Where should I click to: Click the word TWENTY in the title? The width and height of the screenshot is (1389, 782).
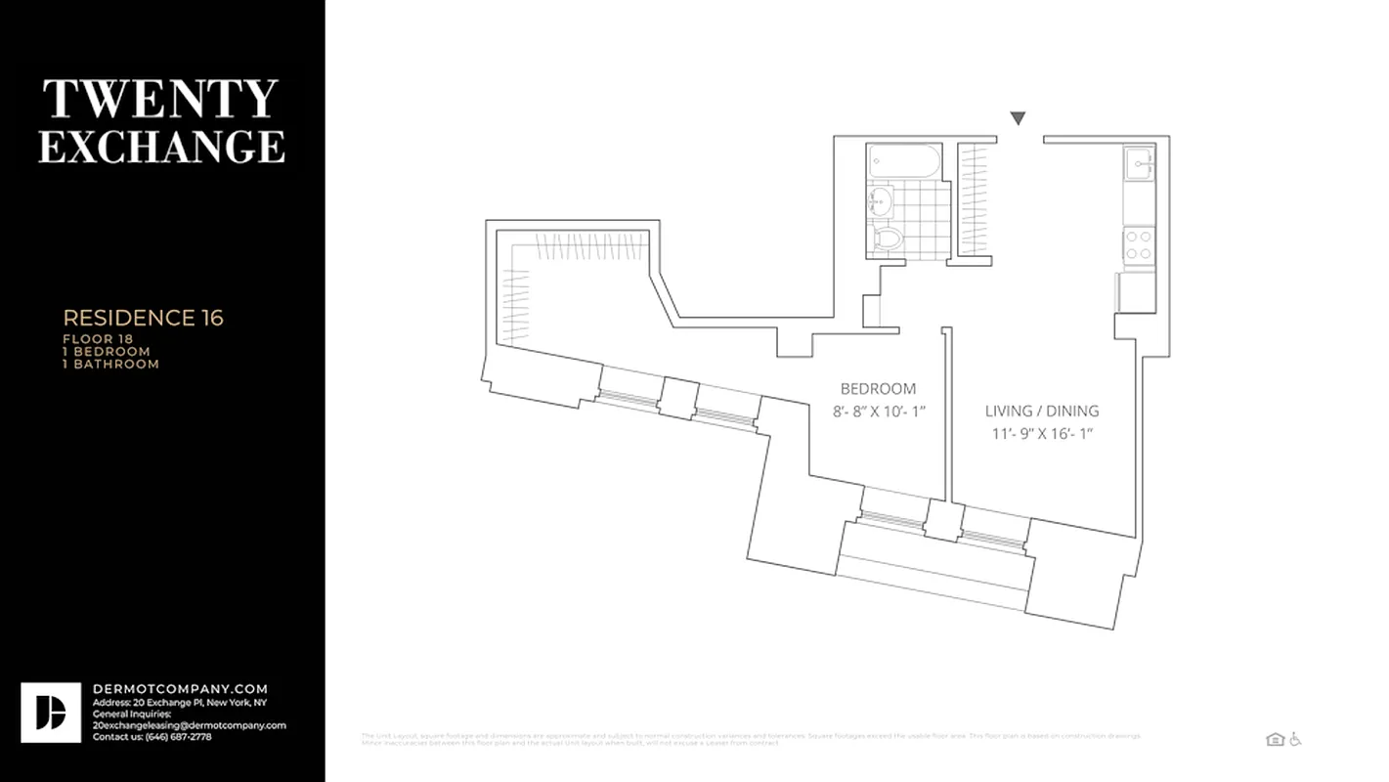(x=161, y=100)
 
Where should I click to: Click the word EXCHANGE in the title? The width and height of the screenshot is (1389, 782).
(x=161, y=146)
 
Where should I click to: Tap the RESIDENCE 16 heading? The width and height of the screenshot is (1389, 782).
(x=143, y=318)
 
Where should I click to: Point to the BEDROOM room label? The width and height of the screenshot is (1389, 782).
(x=879, y=388)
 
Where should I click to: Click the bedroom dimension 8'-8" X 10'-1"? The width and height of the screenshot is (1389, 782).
(x=879, y=412)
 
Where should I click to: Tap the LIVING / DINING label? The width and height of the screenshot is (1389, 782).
(x=1041, y=411)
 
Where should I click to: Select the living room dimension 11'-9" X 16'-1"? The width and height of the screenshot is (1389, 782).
(x=1041, y=433)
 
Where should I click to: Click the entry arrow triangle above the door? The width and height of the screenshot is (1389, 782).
(x=1018, y=118)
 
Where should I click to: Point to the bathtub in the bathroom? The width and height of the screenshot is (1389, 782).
(x=904, y=161)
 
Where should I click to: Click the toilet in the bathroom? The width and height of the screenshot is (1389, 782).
(x=888, y=238)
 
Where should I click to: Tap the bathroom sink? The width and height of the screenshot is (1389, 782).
(x=879, y=203)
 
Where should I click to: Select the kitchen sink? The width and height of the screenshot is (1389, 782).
(x=1140, y=162)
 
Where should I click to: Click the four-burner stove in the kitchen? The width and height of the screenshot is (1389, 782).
(x=1138, y=244)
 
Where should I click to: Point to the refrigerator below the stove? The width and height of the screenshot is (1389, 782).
(x=1136, y=291)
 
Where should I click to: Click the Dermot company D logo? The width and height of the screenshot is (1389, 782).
(x=51, y=713)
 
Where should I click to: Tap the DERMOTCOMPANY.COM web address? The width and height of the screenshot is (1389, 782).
(x=180, y=689)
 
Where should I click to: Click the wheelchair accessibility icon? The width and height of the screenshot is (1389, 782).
(x=1295, y=739)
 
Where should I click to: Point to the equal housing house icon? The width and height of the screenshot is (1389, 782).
(x=1274, y=740)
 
